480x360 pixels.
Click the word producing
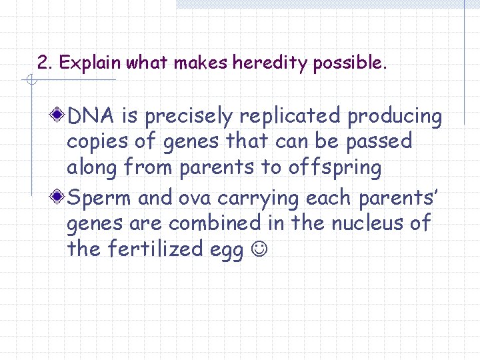[395, 117]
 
